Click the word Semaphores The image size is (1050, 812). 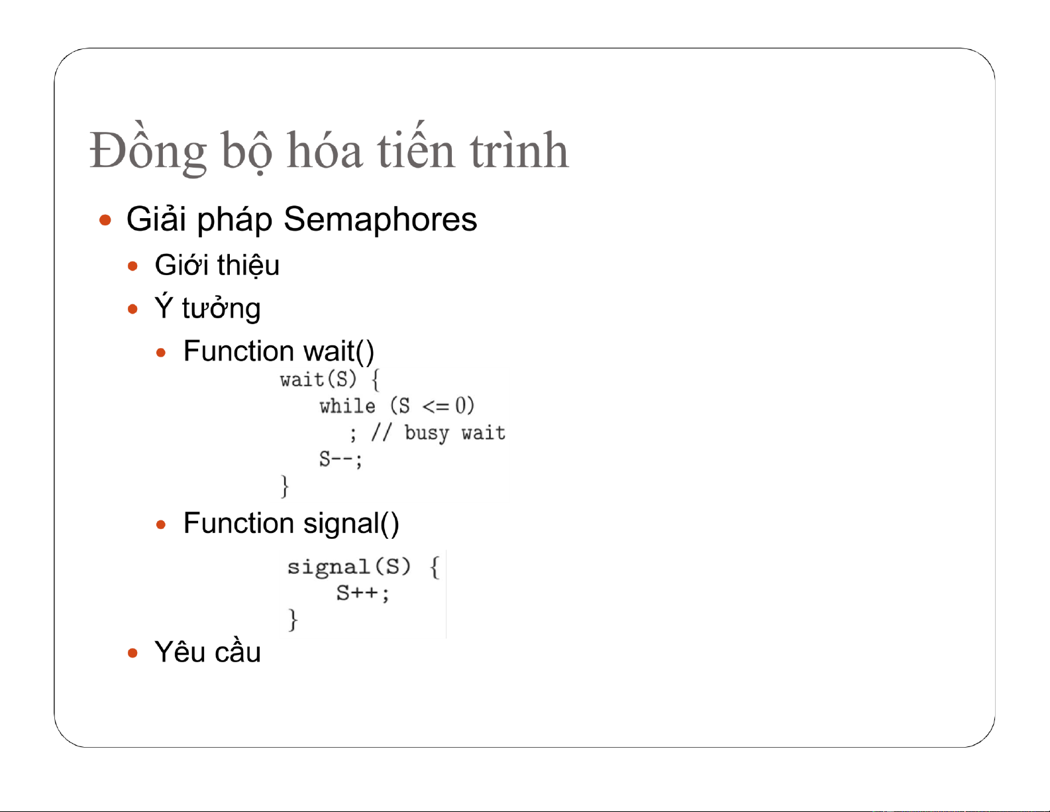(380, 219)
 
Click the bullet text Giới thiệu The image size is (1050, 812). (217, 265)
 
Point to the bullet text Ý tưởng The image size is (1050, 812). (207, 308)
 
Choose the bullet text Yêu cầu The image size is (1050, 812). (207, 652)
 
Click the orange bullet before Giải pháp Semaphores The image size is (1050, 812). (105, 221)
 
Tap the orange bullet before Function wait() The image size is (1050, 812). (161, 353)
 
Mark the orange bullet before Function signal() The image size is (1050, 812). (161, 524)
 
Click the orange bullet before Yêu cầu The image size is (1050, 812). (132, 654)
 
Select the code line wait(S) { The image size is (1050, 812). (330, 379)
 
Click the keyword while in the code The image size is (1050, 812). (347, 406)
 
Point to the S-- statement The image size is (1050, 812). (341, 459)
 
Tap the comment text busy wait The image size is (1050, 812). (455, 433)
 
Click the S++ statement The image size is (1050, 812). (362, 593)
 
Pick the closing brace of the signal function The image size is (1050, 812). (292, 620)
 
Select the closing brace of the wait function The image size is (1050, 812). (285, 487)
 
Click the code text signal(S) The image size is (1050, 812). (349, 567)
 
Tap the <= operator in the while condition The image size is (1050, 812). (436, 406)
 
